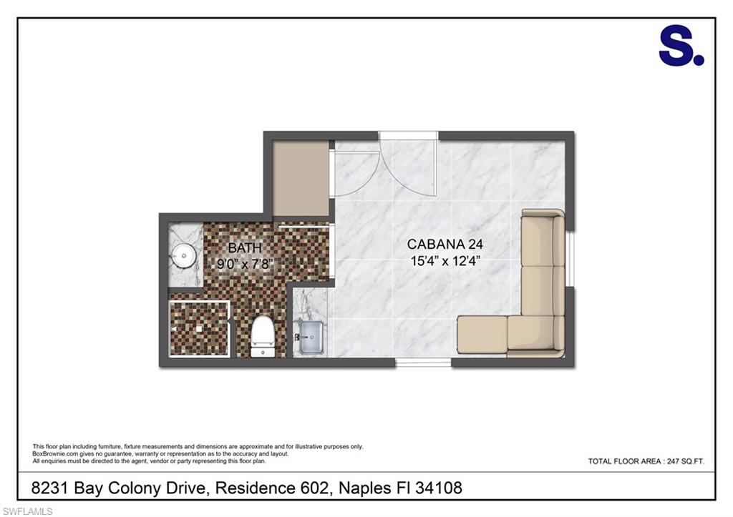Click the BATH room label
pos(245,247)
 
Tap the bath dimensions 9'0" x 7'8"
pos(245,264)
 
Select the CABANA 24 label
pos(445,244)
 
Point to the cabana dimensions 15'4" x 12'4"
pos(445,260)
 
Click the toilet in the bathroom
pos(263,336)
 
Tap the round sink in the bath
pos(184,255)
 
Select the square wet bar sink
pos(310,337)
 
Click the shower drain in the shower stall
pos(199,329)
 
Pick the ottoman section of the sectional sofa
pos(482,335)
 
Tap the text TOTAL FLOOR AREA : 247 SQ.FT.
pos(646,461)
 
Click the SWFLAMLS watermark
pos(27,511)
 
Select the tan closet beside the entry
pos(301,178)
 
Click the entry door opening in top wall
pos(408,135)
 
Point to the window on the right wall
pos(570,258)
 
